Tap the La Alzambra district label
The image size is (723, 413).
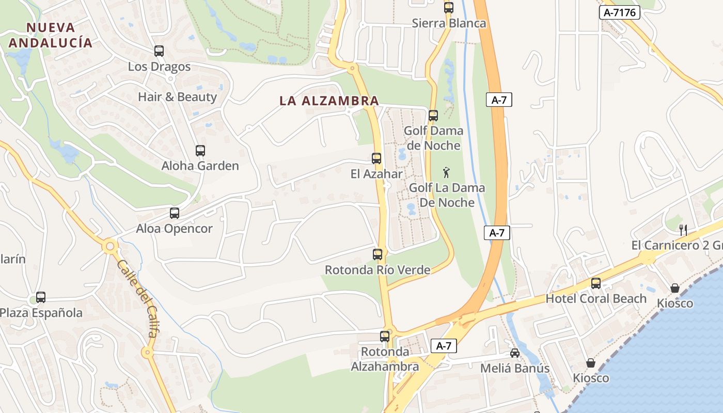pyautogui.click(x=329, y=101)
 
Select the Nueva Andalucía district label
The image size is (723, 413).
pyautogui.click(x=51, y=35)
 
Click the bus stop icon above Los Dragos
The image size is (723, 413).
pyautogui.click(x=159, y=51)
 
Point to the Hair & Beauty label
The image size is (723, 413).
pyautogui.click(x=177, y=97)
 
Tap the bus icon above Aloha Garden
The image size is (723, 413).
pyautogui.click(x=200, y=151)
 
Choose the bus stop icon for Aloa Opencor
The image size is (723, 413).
pyautogui.click(x=175, y=213)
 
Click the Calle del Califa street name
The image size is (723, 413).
pyautogui.click(x=137, y=298)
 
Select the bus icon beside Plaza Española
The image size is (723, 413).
pyautogui.click(x=41, y=297)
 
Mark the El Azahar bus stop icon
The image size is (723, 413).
pyautogui.click(x=376, y=158)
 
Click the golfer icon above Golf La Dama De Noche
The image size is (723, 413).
pyautogui.click(x=446, y=172)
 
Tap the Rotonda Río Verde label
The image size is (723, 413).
pyautogui.click(x=378, y=269)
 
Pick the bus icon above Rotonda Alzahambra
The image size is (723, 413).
pyautogui.click(x=385, y=337)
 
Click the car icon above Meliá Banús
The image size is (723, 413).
pyautogui.click(x=515, y=353)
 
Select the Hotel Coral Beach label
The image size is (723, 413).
pyautogui.click(x=596, y=298)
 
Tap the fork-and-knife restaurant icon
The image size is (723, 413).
pyautogui.click(x=683, y=230)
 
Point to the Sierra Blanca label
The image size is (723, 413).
pyautogui.click(x=449, y=23)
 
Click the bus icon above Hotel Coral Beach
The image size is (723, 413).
pyautogui.click(x=596, y=283)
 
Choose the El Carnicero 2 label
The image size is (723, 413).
pyautogui.click(x=677, y=245)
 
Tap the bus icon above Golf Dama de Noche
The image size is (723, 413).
pyautogui.click(x=433, y=116)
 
